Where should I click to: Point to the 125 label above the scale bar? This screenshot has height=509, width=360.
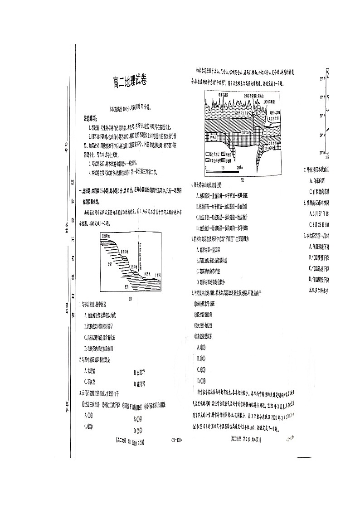point(223,168)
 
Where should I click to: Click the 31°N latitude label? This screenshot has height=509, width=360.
point(323,116)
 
